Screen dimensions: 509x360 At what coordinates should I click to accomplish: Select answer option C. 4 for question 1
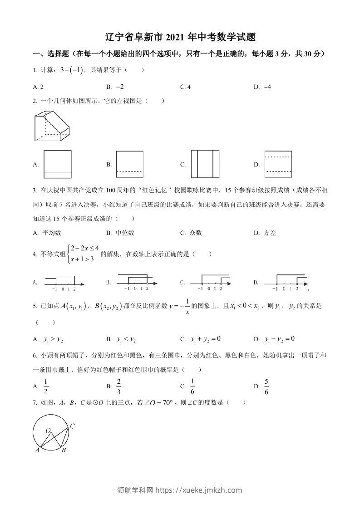click(186, 87)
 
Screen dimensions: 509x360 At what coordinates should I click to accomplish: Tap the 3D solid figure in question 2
click(52, 127)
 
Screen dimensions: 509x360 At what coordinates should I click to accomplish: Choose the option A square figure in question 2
click(57, 164)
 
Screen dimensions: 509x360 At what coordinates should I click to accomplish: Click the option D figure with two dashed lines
click(278, 164)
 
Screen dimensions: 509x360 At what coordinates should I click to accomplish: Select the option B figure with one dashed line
click(131, 164)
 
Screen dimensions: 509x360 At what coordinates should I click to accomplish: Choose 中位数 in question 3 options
click(125, 233)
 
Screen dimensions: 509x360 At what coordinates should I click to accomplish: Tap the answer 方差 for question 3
click(270, 233)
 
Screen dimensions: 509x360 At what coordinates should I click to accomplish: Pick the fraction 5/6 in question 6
click(266, 386)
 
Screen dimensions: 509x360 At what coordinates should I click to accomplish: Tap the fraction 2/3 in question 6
click(119, 386)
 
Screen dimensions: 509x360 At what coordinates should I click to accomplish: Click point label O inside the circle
click(48, 431)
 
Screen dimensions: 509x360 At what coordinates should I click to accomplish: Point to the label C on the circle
click(72, 426)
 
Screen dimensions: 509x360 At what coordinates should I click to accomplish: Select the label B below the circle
click(64, 450)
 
